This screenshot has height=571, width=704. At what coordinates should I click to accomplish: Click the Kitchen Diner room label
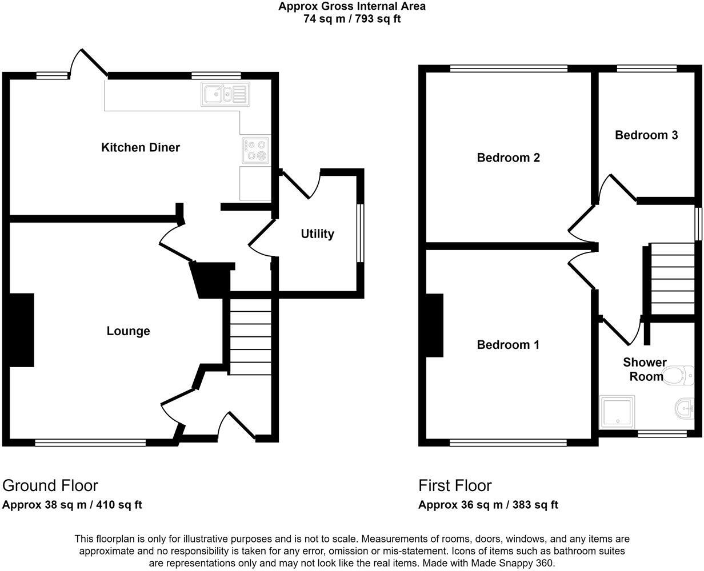coord(141,147)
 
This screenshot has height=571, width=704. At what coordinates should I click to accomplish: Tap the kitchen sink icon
coord(225,94)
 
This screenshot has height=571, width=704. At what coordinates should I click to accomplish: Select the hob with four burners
coord(255,150)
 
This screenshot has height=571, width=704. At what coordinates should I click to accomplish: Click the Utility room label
coord(317,234)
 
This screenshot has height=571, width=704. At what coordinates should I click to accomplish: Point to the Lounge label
coord(129,331)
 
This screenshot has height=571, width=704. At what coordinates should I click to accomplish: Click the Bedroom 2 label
coord(509,158)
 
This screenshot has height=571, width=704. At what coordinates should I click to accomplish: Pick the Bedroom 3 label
coord(646,135)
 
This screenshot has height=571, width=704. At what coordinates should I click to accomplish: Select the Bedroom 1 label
coord(509,345)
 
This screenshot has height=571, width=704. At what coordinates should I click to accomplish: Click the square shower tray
coord(617,412)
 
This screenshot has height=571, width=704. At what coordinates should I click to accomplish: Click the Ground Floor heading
coord(50,485)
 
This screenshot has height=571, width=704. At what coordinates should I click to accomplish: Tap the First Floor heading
coord(455,485)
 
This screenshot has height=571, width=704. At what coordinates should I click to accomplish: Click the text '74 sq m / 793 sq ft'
coord(352,18)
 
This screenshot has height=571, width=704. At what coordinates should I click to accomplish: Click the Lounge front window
coord(90,442)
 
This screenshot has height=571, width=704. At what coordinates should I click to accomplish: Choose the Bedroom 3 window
coord(646,69)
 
